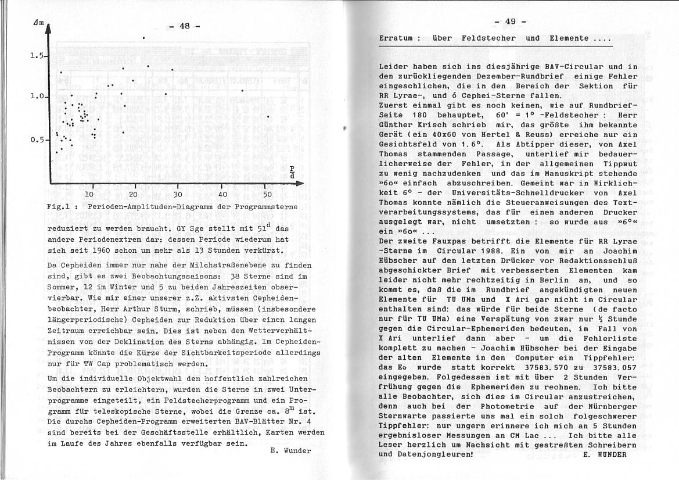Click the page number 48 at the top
tap(185, 26)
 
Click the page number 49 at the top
tap(511, 22)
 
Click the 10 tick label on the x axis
tap(89, 194)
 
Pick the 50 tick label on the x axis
tap(267, 194)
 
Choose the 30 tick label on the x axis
tap(178, 194)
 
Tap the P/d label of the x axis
tap(292, 173)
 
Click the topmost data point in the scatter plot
tap(143, 38)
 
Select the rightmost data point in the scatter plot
tap(268, 117)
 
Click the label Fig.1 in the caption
tap(58, 206)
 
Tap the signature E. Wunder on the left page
tap(290, 450)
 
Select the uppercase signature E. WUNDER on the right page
tap(605, 454)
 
